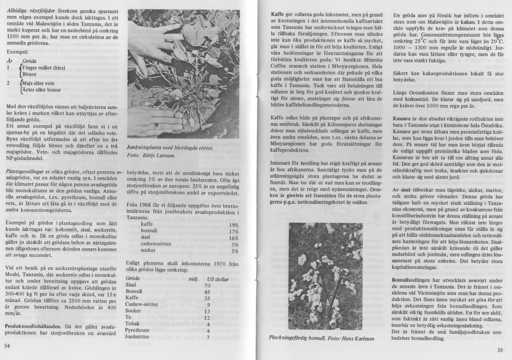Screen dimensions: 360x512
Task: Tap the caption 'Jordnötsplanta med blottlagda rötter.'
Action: click(x=170, y=148)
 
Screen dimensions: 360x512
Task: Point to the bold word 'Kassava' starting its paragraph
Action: click(x=404, y=119)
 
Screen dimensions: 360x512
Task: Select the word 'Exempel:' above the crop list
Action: click(x=17, y=51)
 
